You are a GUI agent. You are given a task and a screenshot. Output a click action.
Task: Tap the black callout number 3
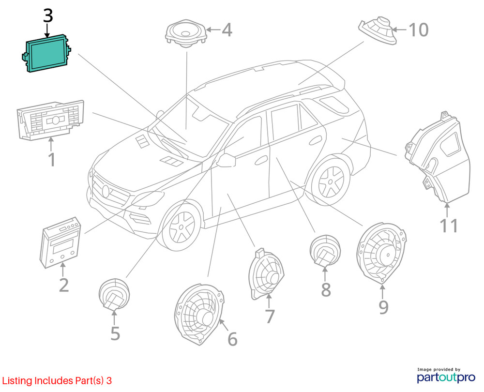(x=47, y=15)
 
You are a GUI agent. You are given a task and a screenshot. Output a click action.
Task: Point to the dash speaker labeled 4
(x=185, y=33)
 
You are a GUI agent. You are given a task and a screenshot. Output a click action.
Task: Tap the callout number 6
(x=232, y=340)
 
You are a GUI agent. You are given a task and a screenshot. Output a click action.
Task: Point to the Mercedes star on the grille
(x=106, y=190)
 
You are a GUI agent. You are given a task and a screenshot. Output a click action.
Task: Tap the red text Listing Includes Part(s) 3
(x=57, y=381)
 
